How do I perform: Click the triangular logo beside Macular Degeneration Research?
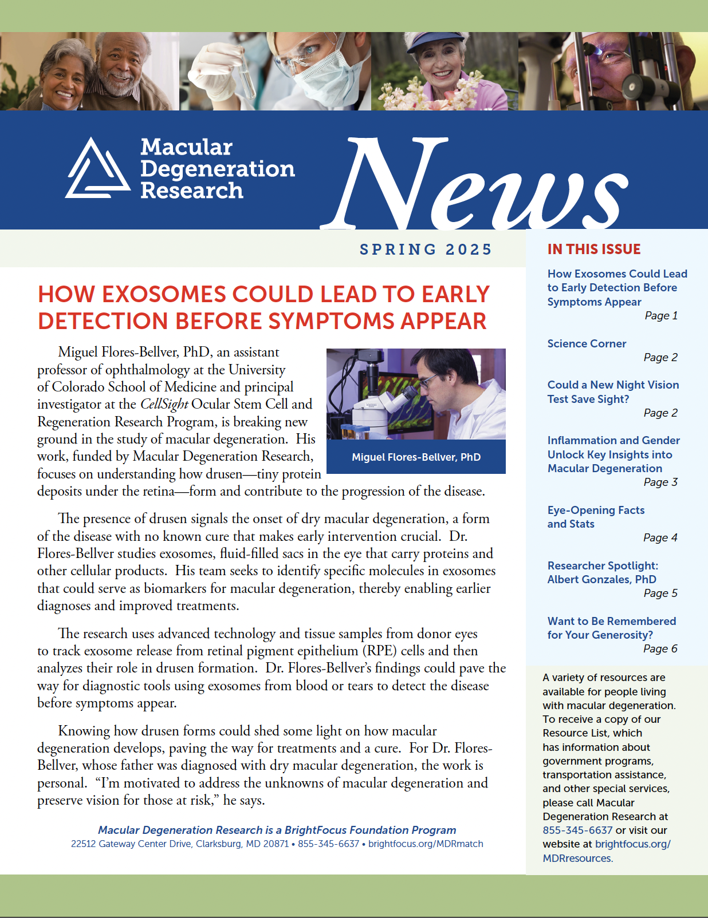(97, 169)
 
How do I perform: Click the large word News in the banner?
(475, 183)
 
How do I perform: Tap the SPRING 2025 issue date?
(426, 250)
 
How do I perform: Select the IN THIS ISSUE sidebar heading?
(593, 249)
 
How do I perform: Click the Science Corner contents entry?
(587, 343)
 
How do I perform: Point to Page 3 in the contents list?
(660, 482)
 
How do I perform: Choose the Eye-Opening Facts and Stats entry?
(596, 517)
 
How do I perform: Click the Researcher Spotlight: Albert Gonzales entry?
(602, 572)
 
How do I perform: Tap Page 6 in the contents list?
(660, 648)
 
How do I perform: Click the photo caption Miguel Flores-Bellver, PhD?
(416, 457)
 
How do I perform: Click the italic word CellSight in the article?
(164, 404)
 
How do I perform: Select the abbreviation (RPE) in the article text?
(379, 651)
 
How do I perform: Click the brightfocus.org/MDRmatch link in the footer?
(426, 844)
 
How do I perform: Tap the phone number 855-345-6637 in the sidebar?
(577, 830)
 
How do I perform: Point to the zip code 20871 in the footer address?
(276, 844)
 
